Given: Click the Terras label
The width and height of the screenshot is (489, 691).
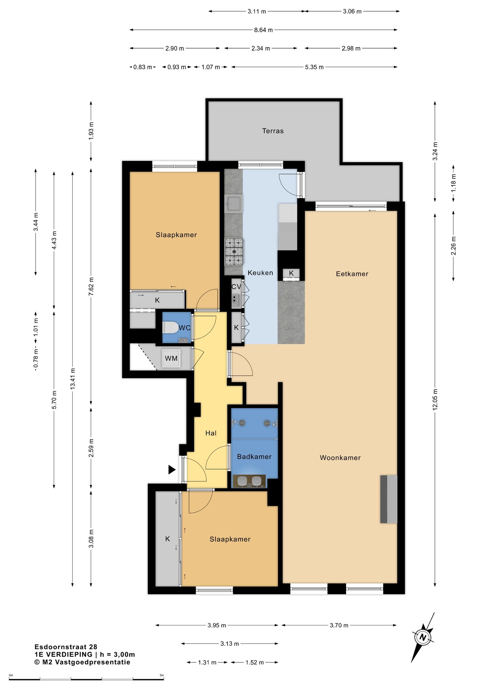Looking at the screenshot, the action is pyautogui.click(x=273, y=131).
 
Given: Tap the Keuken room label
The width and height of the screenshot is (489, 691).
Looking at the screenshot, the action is pyautogui.click(x=260, y=273).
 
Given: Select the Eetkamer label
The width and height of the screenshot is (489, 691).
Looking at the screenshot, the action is pyautogui.click(x=352, y=274).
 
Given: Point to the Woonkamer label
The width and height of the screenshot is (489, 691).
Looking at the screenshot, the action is pyautogui.click(x=340, y=458).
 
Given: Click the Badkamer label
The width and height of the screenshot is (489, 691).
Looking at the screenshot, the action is pyautogui.click(x=254, y=457).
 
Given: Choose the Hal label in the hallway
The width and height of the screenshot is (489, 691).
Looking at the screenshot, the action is pyautogui.click(x=211, y=433).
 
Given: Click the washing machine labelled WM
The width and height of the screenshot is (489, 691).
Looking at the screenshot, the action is pyautogui.click(x=171, y=358).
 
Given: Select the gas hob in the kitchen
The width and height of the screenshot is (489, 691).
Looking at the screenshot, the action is pyautogui.click(x=234, y=251).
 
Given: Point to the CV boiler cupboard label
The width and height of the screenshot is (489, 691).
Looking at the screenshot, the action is pyautogui.click(x=236, y=287).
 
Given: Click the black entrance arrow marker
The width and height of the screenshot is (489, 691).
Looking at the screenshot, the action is pyautogui.click(x=172, y=470).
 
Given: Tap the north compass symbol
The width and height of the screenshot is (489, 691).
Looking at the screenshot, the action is pyautogui.click(x=423, y=638).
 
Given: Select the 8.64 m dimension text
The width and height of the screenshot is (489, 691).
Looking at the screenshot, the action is pyautogui.click(x=264, y=30).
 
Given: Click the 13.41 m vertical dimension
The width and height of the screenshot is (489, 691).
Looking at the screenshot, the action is pyautogui.click(x=73, y=379).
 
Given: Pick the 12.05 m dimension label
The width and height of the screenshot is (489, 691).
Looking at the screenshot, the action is pyautogui.click(x=435, y=400).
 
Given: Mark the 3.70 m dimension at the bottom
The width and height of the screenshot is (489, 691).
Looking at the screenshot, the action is pyautogui.click(x=339, y=625).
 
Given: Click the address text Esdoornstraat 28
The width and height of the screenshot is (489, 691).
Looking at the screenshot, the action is pyautogui.click(x=66, y=647).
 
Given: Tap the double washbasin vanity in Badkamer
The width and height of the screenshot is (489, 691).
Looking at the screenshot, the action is pyautogui.click(x=249, y=481).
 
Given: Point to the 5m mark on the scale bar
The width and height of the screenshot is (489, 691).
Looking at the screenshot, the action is pyautogui.click(x=162, y=675).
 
